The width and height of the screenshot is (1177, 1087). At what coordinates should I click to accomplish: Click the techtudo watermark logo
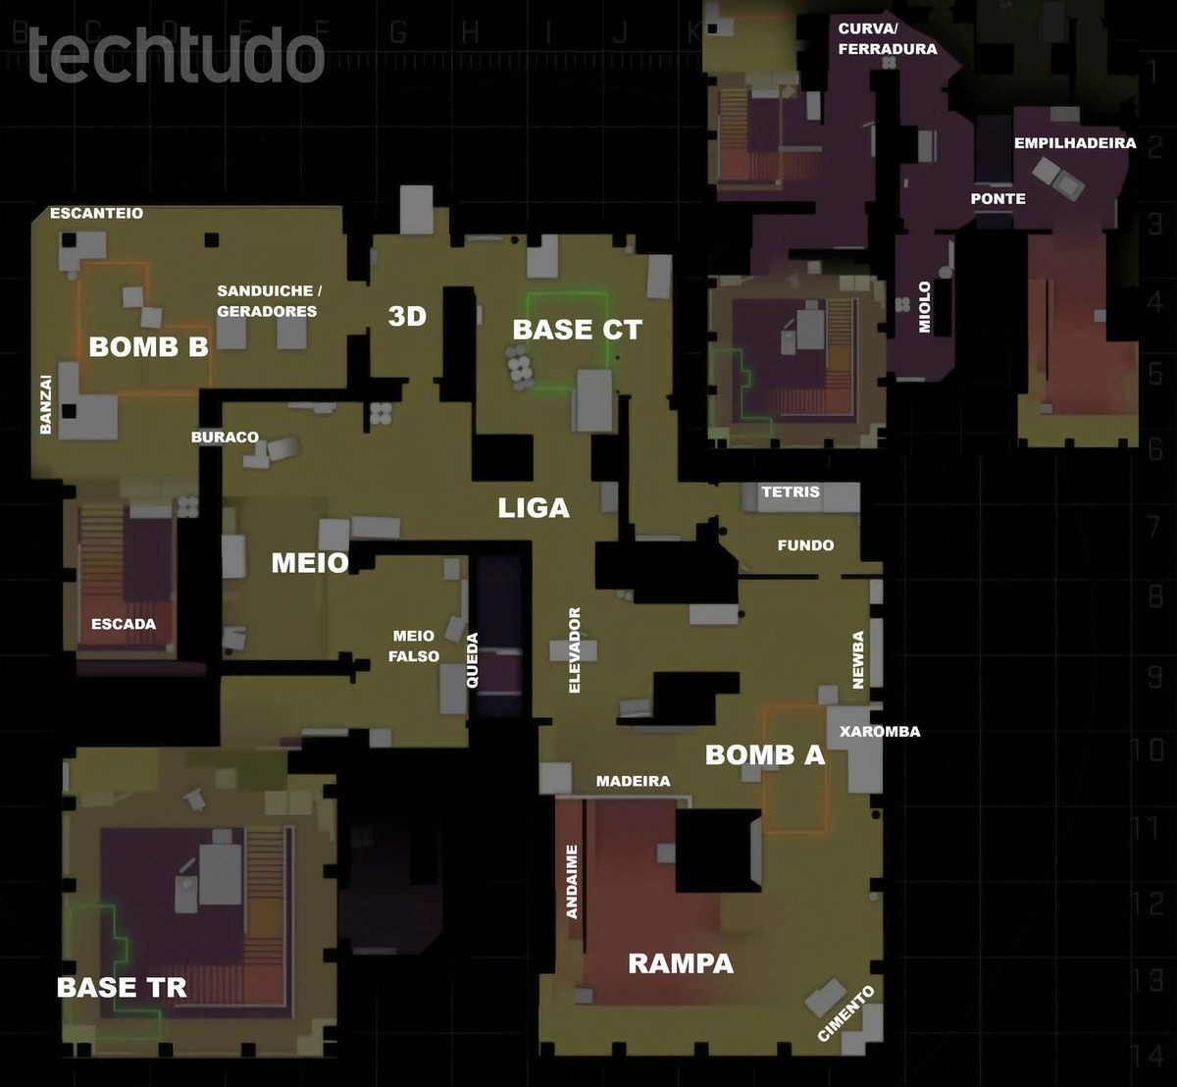[x=177, y=56]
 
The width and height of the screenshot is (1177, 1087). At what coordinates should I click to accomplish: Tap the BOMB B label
[x=148, y=346]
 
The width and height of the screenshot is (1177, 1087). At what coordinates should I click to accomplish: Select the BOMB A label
[x=765, y=754]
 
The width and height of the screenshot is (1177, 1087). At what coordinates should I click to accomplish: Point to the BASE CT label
[x=577, y=331]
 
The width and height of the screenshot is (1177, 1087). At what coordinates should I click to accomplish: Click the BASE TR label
[x=122, y=987]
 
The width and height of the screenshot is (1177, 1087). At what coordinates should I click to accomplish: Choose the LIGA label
[x=534, y=508]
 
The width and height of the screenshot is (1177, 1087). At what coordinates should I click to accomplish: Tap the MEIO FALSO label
[x=414, y=647]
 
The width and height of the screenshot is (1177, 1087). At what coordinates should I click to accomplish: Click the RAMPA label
[x=681, y=963]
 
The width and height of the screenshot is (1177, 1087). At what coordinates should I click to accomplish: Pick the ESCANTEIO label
[x=96, y=213]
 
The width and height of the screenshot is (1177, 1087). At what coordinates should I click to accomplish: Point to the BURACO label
[x=225, y=438]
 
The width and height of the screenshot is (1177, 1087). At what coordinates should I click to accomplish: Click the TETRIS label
[x=790, y=492]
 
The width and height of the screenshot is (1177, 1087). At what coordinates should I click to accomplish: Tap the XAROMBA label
[x=880, y=732]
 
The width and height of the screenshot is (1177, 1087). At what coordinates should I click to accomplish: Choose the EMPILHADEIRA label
[x=1075, y=143]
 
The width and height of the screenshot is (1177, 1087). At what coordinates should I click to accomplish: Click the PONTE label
[x=998, y=198]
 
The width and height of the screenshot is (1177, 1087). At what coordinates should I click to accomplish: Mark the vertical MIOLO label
[x=924, y=307]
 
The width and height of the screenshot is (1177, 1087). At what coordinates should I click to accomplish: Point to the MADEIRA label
[x=634, y=781]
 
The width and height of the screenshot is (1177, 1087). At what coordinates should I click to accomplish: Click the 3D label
[x=407, y=317]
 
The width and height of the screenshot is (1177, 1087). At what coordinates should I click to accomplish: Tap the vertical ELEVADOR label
[x=575, y=650]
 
